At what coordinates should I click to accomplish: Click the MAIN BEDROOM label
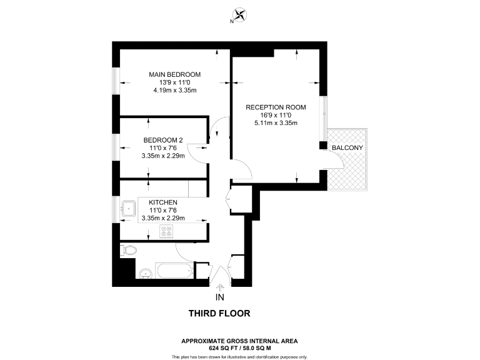(x=174, y=74)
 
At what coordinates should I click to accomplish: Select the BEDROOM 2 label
(x=163, y=139)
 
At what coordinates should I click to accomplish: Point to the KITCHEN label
(x=163, y=202)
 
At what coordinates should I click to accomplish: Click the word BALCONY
(x=348, y=147)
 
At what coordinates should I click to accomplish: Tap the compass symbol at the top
(x=239, y=15)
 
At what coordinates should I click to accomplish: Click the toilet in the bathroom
(x=128, y=251)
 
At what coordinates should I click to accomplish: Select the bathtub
(x=173, y=271)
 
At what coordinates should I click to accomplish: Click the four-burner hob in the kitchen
(x=167, y=231)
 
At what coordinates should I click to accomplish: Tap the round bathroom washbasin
(x=146, y=273)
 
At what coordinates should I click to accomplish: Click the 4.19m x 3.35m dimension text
(x=175, y=91)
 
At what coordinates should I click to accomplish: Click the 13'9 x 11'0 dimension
(x=175, y=82)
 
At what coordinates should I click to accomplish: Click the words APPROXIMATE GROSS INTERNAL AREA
(x=239, y=341)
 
